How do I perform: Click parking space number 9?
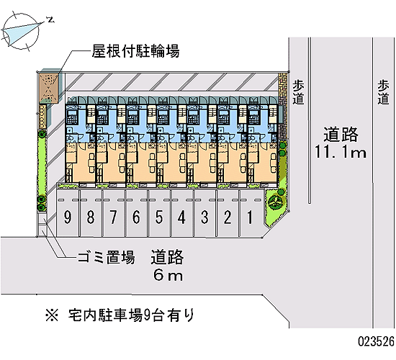(68, 213)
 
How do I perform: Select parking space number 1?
(251, 213)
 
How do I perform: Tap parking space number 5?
(159, 213)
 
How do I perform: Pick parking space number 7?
(113, 213)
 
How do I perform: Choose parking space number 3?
(204, 213)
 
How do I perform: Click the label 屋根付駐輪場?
(135, 51)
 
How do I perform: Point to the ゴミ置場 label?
(106, 257)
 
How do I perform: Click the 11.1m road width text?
(340, 153)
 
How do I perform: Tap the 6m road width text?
(168, 275)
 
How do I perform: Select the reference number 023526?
(376, 341)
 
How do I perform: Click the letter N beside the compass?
(51, 19)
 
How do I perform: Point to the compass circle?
(21, 31)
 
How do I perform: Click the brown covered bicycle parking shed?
(49, 88)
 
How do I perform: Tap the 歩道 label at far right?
(383, 92)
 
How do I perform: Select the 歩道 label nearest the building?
(298, 92)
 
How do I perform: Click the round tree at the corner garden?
(276, 202)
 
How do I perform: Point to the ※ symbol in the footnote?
(52, 315)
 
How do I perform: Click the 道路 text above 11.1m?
(341, 134)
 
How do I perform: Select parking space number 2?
(228, 213)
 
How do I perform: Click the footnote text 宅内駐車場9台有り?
(131, 315)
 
